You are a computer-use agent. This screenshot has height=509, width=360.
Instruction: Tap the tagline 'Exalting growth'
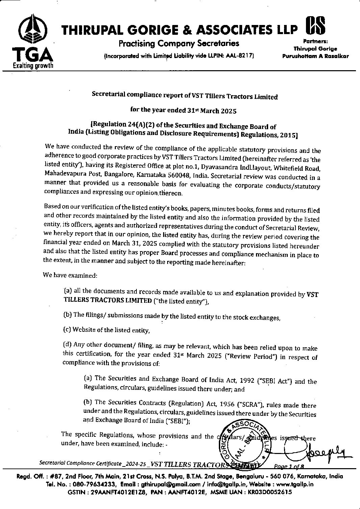(x=33, y=65)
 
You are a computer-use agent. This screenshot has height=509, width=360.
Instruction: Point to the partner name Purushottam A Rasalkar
(x=315, y=56)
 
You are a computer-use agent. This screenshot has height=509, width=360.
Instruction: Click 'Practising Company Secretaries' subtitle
(x=179, y=43)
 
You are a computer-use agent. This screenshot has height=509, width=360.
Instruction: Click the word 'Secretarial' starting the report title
(x=107, y=95)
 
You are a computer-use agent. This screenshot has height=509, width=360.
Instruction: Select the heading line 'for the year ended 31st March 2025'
(x=183, y=110)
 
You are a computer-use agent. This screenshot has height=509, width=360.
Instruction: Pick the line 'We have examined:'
(x=70, y=275)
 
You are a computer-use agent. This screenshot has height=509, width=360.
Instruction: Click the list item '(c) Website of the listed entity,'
(x=106, y=330)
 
